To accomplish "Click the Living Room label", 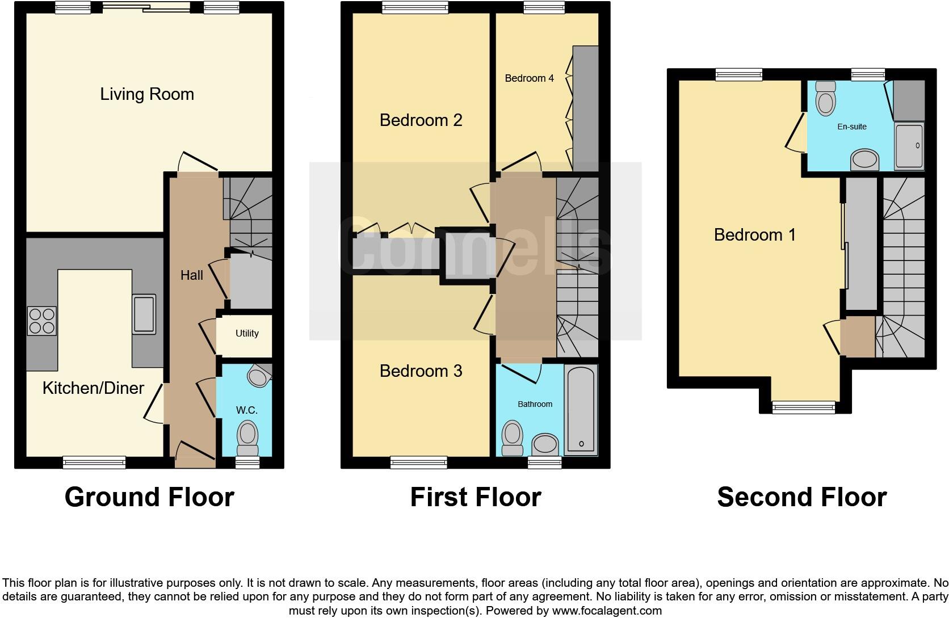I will tap(147, 94).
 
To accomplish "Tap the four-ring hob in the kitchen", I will tap(42, 321).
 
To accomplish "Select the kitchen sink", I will tap(144, 314).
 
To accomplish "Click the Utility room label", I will tap(247, 334).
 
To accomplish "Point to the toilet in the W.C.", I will tap(247, 436).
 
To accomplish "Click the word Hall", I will tap(192, 275).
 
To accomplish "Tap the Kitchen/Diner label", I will tap(94, 388).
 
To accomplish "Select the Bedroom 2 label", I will tap(421, 120).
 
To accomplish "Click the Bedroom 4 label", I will tap(529, 78).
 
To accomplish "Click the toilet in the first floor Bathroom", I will tap(513, 437).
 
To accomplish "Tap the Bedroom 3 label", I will tap(421, 371).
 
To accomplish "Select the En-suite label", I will tap(852, 127).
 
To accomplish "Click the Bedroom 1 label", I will tap(754, 235).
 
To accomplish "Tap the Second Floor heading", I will tap(801, 497).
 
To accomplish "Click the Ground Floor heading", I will tap(149, 497).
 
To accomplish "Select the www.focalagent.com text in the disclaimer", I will tap(607, 611).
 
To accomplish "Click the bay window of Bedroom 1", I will tap(803, 406).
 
